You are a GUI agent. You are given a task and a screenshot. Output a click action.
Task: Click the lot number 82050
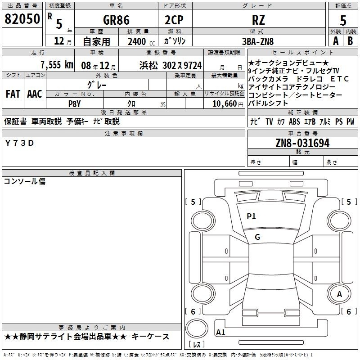point(22,19)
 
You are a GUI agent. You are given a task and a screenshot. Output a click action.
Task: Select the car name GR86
point(116,20)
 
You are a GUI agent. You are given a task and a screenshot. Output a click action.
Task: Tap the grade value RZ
point(258,20)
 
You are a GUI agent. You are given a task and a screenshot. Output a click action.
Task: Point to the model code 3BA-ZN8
point(258,41)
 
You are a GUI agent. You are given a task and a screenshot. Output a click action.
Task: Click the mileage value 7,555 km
point(57,65)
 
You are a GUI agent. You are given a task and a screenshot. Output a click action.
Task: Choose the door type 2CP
point(174,20)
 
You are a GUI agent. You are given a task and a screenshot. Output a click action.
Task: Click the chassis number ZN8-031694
point(302,143)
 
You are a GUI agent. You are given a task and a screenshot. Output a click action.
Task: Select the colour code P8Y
point(74,104)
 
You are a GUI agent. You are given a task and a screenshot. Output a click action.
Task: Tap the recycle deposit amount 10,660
point(225,104)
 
